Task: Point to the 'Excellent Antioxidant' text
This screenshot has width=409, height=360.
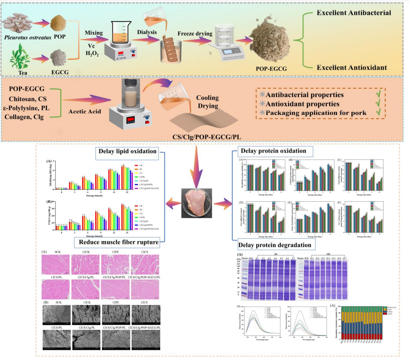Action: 352,68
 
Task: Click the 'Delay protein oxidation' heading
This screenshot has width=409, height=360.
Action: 273,151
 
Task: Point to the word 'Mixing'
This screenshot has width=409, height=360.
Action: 90,32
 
